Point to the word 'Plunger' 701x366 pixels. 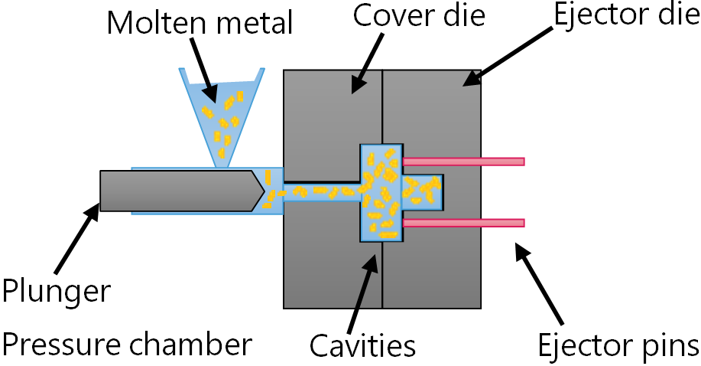tap(57, 292)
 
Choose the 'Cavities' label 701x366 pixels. tap(362, 345)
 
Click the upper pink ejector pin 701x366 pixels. tap(463, 162)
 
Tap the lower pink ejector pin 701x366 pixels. tap(463, 223)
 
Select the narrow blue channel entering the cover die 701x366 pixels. tap(321, 191)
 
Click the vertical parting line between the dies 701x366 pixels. tap(382, 276)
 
